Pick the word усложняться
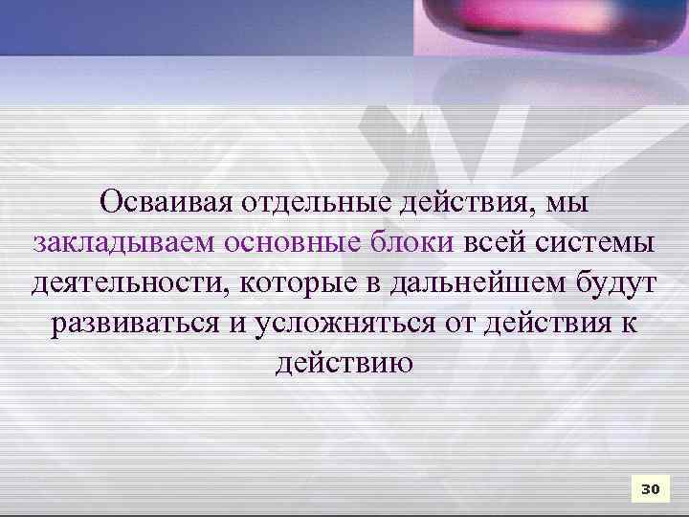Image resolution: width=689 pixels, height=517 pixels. [344, 323]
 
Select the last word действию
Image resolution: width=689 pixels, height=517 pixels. [344, 364]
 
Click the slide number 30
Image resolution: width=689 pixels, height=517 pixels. [650, 489]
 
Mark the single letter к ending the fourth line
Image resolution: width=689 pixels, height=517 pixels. [631, 323]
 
